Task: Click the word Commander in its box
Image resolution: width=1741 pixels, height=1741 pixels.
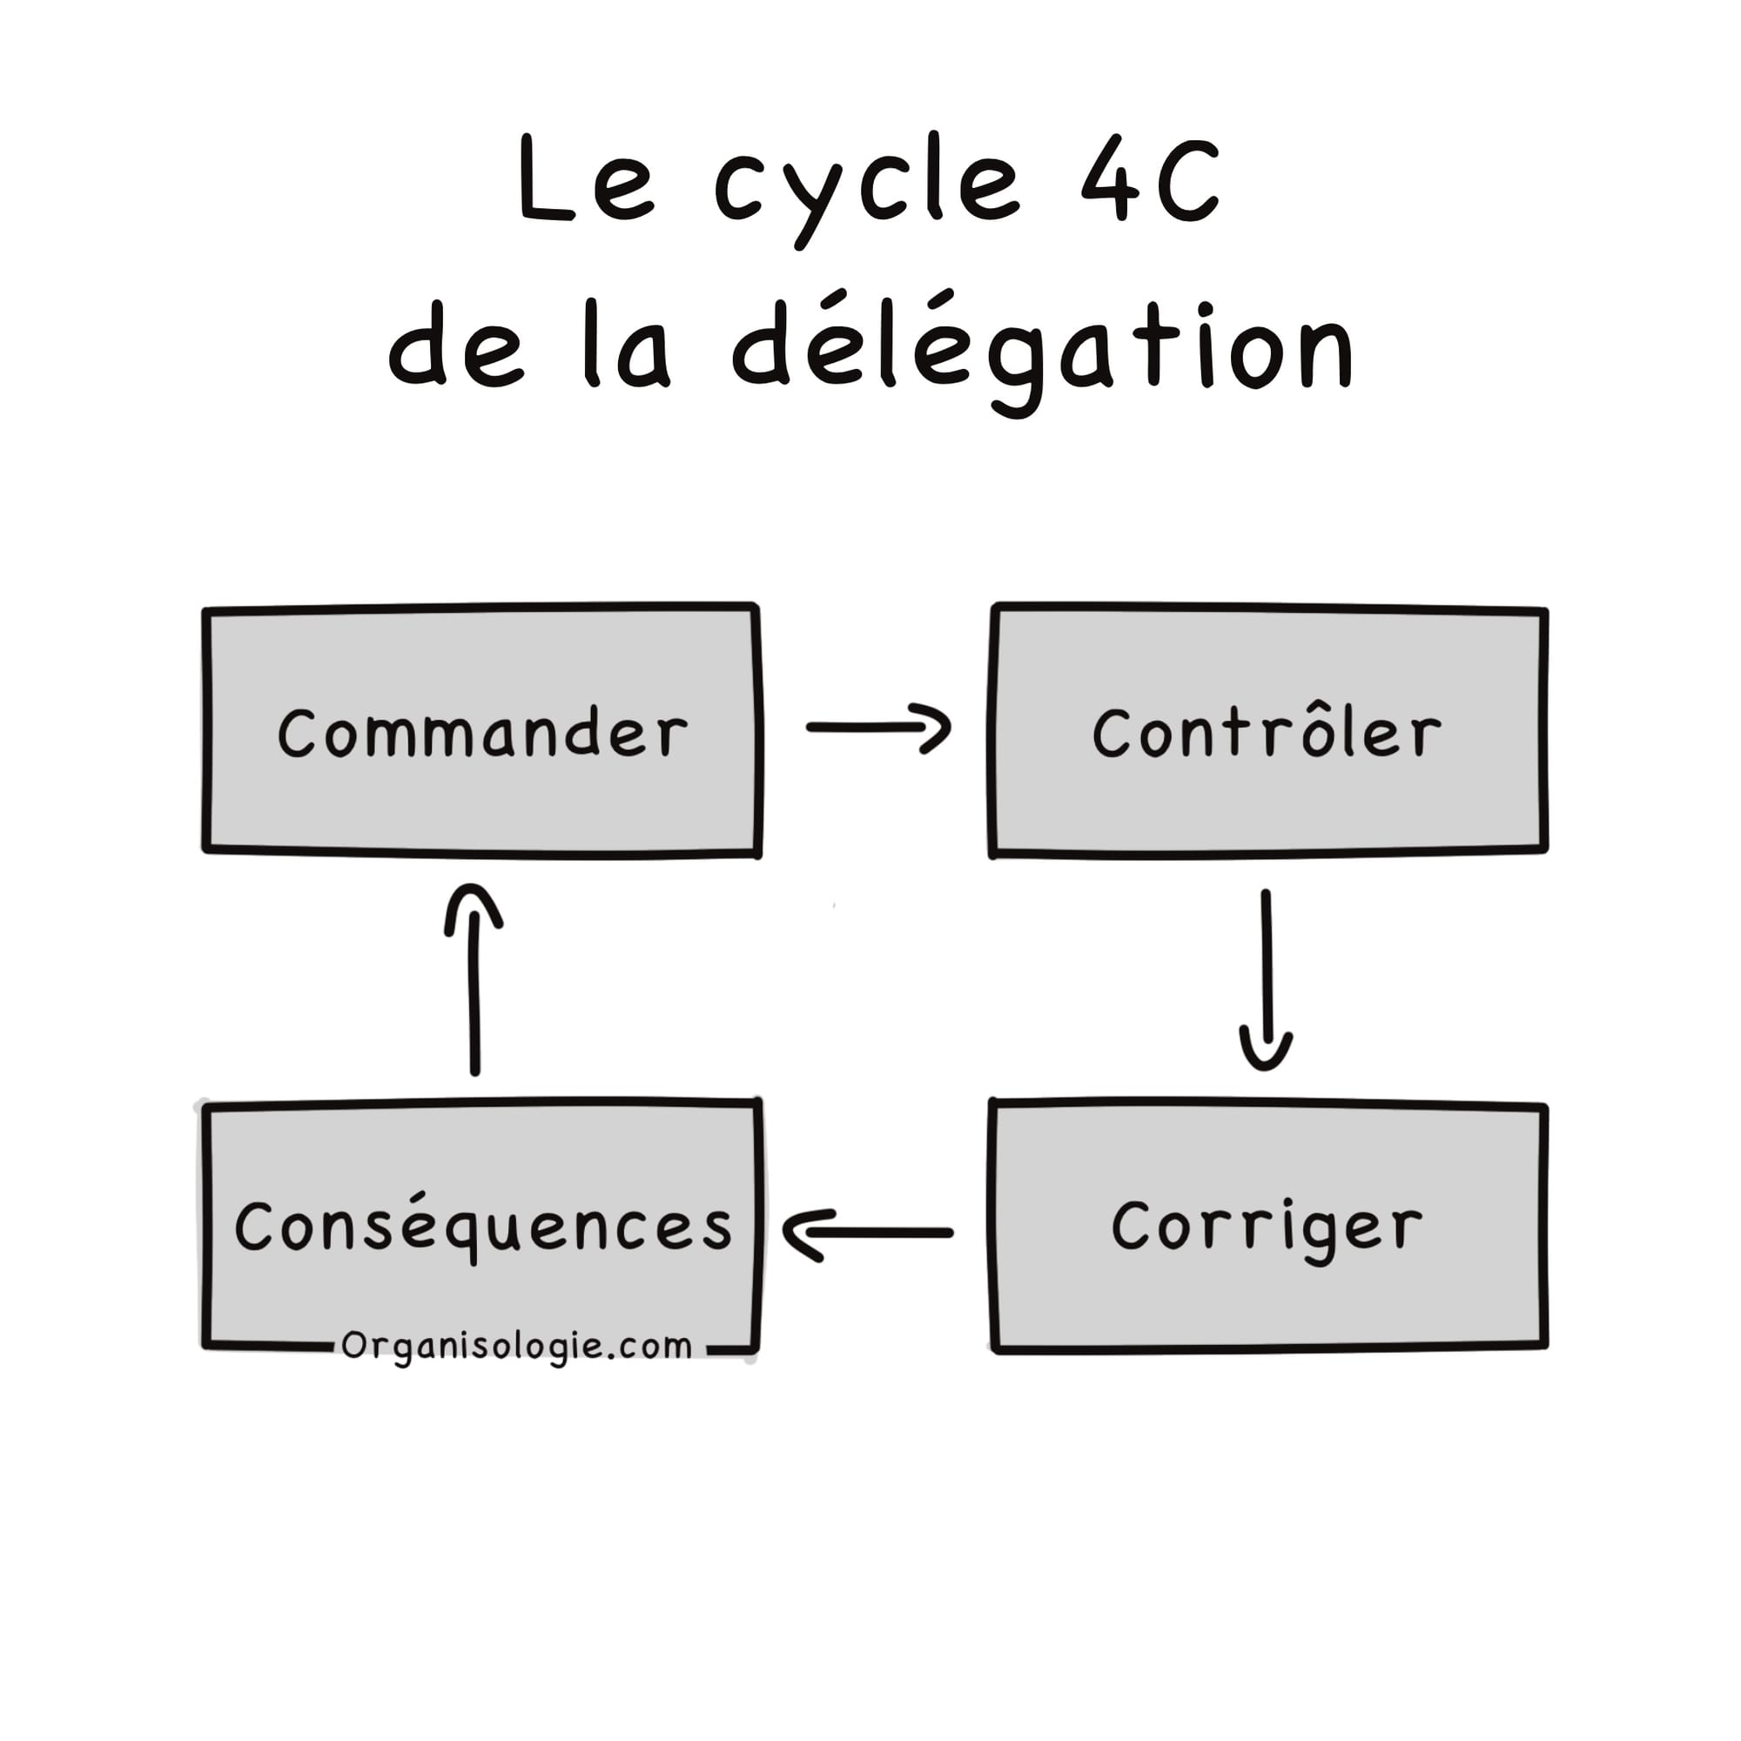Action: pyautogui.click(x=482, y=733)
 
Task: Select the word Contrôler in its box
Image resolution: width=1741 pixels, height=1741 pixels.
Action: pyautogui.click(x=1266, y=733)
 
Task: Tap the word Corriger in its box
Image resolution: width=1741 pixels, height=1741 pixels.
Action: pyautogui.click(x=1266, y=1227)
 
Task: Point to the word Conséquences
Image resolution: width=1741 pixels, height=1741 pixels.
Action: pyautogui.click(x=484, y=1227)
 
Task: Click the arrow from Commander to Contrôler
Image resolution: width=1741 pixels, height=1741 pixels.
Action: pyautogui.click(x=877, y=727)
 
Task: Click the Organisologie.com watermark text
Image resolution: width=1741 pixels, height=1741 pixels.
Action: pyautogui.click(x=516, y=1347)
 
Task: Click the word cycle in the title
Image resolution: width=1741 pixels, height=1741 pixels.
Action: pyautogui.click(x=867, y=185)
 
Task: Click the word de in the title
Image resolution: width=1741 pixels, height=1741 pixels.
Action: pyautogui.click(x=456, y=347)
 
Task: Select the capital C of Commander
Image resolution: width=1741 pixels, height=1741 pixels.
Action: pyautogui.click(x=298, y=733)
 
